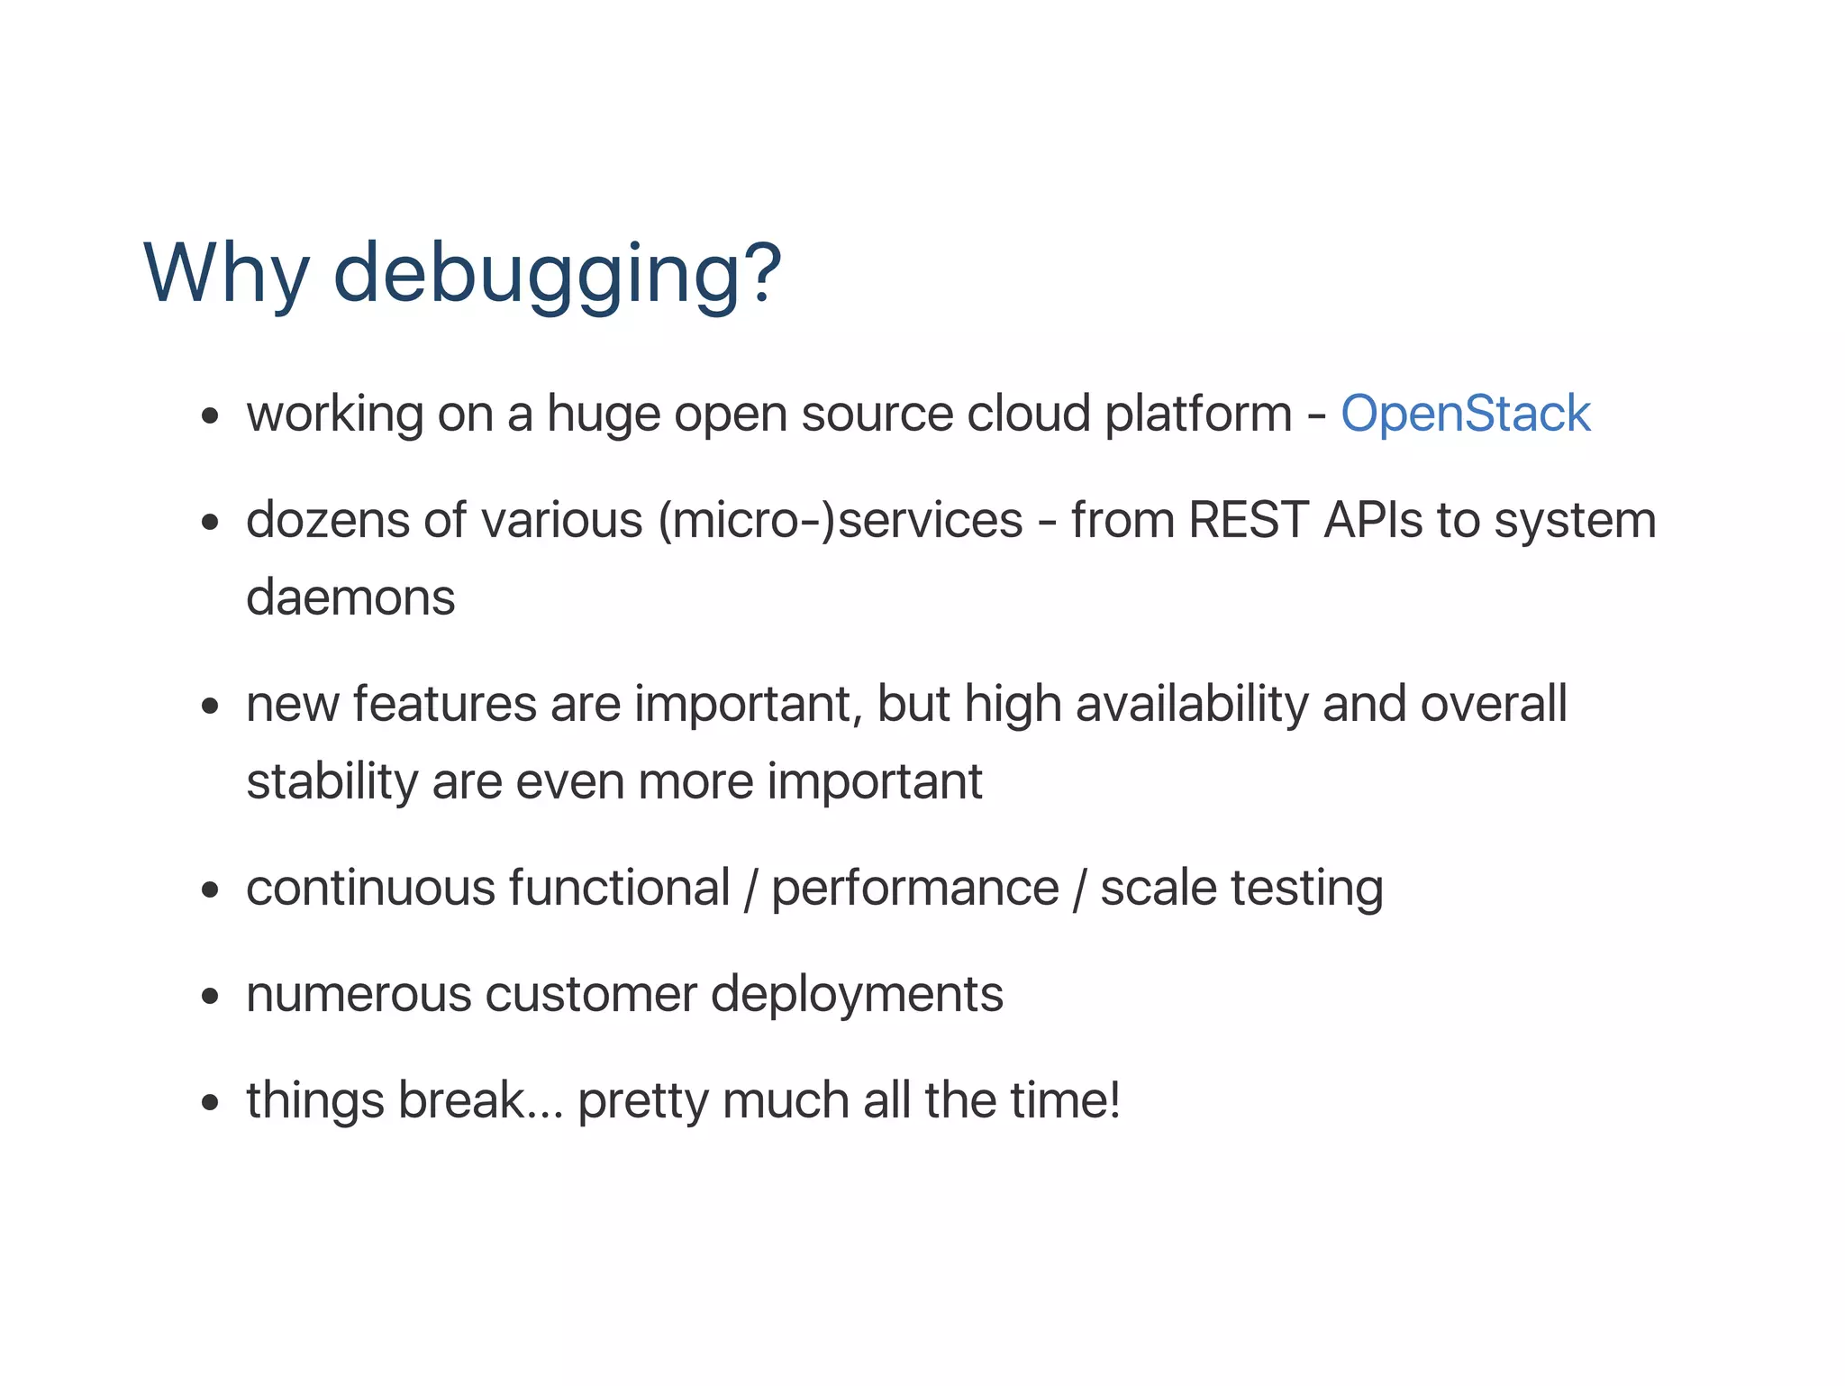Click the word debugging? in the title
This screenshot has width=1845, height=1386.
pyautogui.click(x=557, y=275)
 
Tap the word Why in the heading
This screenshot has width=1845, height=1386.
pyautogui.click(x=225, y=275)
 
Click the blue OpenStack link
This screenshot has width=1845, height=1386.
pyautogui.click(x=1465, y=415)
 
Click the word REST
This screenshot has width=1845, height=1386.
pyautogui.click(x=1248, y=521)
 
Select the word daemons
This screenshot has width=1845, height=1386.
pyautogui.click(x=350, y=597)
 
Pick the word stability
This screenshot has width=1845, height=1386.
pyautogui.click(x=332, y=781)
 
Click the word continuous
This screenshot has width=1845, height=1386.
pyautogui.click(x=371, y=888)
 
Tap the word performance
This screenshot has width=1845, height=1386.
pyautogui.click(x=914, y=889)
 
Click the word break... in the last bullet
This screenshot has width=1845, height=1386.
pyautogui.click(x=480, y=1100)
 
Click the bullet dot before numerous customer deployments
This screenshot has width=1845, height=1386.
pyautogui.click(x=211, y=997)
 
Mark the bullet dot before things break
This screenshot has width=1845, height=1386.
pyautogui.click(x=211, y=1102)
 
